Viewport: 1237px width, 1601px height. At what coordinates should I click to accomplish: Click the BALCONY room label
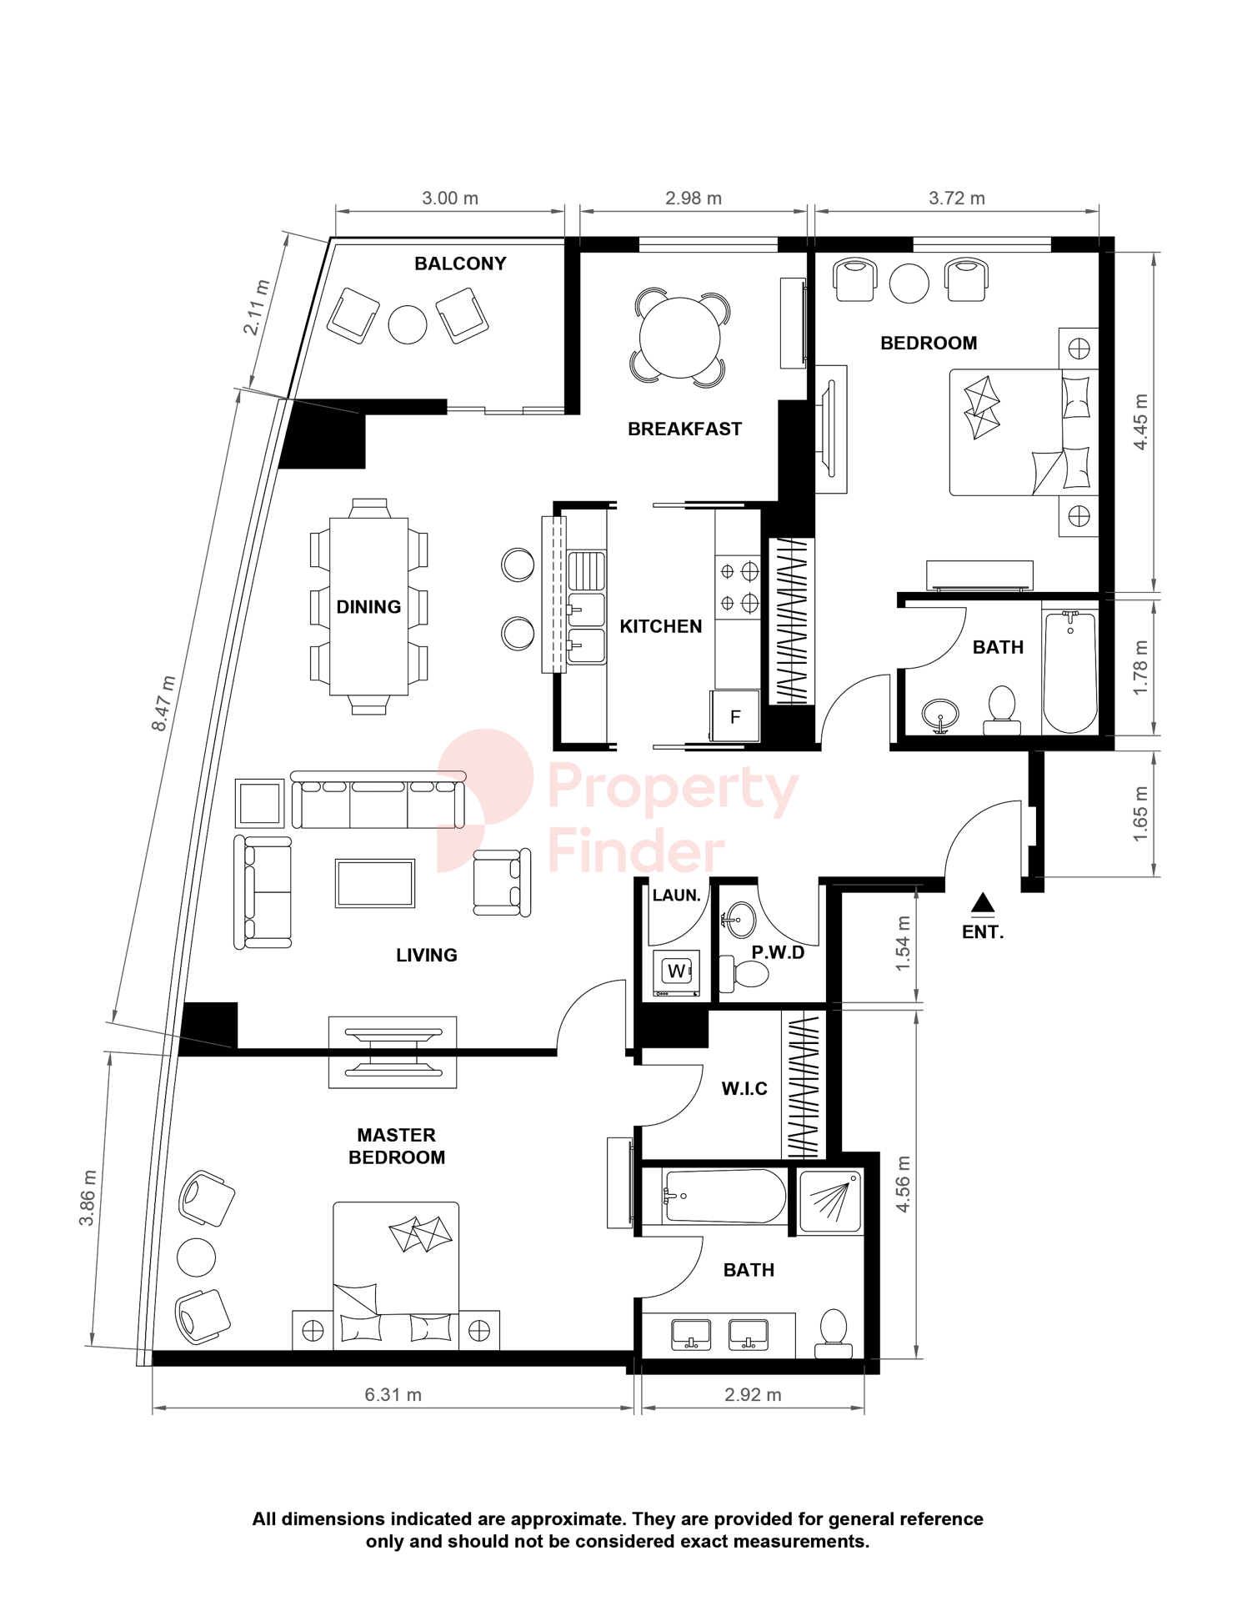click(460, 263)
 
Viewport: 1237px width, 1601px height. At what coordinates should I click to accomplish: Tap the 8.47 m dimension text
click(163, 704)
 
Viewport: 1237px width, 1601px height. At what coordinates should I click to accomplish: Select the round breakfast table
click(679, 338)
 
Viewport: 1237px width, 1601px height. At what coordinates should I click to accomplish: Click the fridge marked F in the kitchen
click(735, 716)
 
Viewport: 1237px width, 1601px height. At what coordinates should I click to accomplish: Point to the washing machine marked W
click(676, 971)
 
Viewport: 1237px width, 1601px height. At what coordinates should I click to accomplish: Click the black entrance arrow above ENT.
click(983, 902)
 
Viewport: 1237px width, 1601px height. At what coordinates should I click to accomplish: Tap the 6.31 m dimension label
click(393, 1394)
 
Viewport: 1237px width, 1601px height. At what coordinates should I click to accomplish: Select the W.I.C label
click(744, 1088)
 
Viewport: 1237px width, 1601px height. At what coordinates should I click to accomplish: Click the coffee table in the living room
click(375, 883)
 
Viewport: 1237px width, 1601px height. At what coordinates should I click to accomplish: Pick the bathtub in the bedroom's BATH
click(1070, 671)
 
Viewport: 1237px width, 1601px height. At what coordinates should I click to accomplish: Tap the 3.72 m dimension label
click(956, 198)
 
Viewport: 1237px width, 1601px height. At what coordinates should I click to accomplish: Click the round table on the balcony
click(408, 324)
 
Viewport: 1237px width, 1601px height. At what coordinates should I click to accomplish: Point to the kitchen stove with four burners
click(739, 587)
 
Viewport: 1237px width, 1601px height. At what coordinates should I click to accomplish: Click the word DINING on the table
click(368, 607)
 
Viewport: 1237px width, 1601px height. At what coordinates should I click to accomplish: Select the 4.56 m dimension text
click(903, 1183)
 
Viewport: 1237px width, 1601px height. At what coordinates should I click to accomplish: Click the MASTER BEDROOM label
click(397, 1146)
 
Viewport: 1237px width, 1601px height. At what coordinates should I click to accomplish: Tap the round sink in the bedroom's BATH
click(940, 714)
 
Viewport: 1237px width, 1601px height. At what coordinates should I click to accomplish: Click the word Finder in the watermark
click(636, 851)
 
